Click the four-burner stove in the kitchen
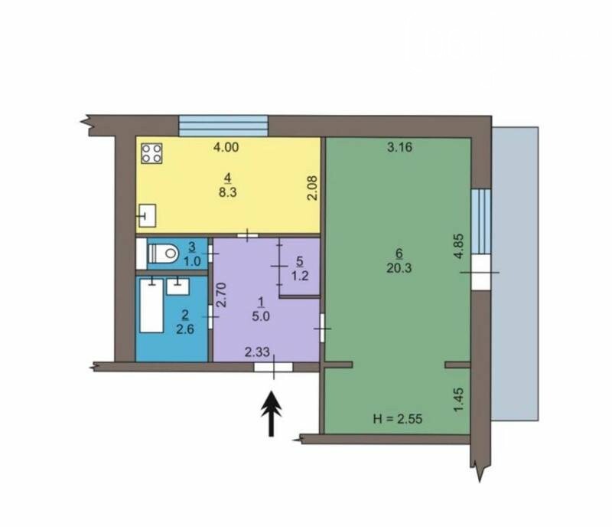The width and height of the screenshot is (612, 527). coord(151,153)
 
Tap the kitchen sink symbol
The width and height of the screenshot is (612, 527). coord(148,215)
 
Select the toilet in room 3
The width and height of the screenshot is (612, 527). coord(163,253)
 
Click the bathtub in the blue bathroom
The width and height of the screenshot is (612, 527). coord(151,306)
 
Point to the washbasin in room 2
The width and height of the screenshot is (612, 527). coord(178,286)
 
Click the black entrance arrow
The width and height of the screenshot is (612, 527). coord(272,414)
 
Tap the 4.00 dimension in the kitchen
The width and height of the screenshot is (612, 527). coord(226,147)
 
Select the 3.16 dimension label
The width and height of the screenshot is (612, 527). coord(399,147)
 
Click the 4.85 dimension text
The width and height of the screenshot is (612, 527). coord(459,246)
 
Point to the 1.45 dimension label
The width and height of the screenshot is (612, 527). coord(459,399)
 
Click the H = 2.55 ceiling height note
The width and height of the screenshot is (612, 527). coord(398,419)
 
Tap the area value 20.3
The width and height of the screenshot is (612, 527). coord(399,268)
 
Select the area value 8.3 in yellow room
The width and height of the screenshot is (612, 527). coord(228,192)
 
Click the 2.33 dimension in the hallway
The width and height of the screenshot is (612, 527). coord(257,352)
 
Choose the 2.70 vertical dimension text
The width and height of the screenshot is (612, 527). coord(222,295)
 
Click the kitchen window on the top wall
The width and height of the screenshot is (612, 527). coord(223,126)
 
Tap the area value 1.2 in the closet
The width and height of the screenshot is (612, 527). coord(300,276)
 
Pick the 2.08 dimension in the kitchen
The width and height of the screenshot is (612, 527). coord(313,188)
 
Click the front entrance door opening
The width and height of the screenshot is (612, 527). coord(273,367)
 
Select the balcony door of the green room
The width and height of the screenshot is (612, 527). coord(481,273)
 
